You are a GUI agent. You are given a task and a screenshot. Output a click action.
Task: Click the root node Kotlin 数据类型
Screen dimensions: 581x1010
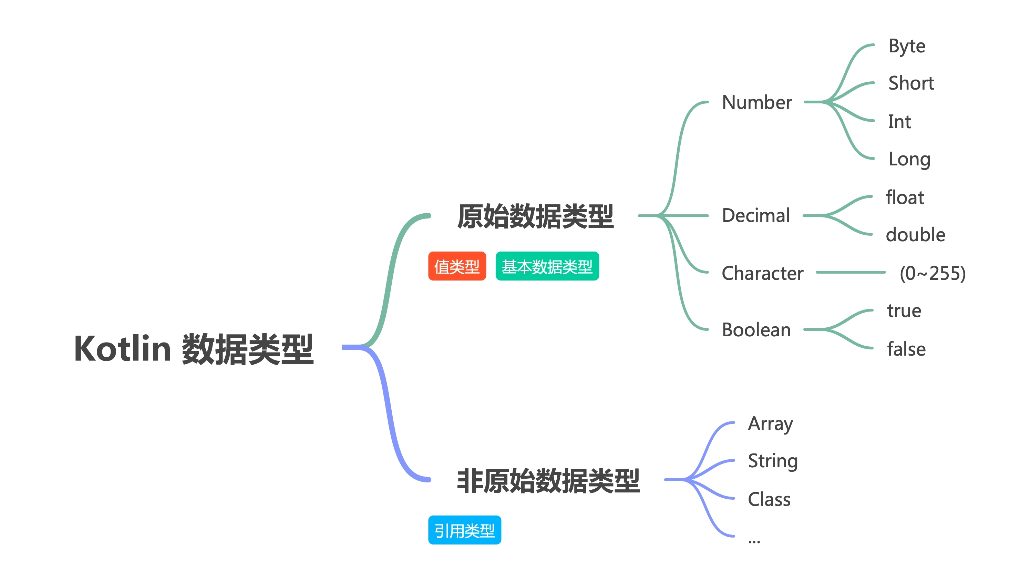pyautogui.click(x=194, y=349)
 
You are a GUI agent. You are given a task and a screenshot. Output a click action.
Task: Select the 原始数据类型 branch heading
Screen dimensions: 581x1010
pyautogui.click(x=535, y=216)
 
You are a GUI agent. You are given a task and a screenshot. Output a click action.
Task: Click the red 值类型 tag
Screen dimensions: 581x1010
pyautogui.click(x=457, y=266)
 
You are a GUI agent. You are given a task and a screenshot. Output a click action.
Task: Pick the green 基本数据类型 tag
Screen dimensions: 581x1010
pyautogui.click(x=547, y=266)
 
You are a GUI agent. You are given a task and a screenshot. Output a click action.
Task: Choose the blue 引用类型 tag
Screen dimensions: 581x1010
pyautogui.click(x=464, y=530)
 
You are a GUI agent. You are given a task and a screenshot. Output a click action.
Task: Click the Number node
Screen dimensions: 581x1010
pyautogui.click(x=757, y=103)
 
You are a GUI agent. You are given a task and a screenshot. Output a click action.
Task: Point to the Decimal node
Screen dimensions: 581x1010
pyautogui.click(x=755, y=215)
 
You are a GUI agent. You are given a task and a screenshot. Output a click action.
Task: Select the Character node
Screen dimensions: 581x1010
pyautogui.click(x=762, y=273)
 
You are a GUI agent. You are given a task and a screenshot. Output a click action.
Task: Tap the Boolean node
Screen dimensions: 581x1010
pyautogui.click(x=756, y=330)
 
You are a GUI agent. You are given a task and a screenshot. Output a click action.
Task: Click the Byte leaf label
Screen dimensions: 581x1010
pyautogui.click(x=907, y=46)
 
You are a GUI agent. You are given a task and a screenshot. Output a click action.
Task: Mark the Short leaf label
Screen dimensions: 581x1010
pyautogui.click(x=911, y=83)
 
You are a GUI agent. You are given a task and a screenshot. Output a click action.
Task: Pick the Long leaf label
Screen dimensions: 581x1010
pyautogui.click(x=909, y=159)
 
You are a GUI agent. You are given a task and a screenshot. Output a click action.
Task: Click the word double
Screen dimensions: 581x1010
pyautogui.click(x=915, y=235)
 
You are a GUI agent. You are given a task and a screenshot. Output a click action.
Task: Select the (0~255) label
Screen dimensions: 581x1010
pyautogui.click(x=932, y=273)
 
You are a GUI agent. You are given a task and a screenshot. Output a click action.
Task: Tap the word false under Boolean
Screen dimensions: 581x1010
pyautogui.click(x=906, y=349)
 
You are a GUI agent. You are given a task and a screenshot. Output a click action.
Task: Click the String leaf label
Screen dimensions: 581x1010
pyautogui.click(x=773, y=461)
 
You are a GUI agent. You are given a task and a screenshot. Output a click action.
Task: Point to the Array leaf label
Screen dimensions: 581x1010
pyautogui.click(x=770, y=424)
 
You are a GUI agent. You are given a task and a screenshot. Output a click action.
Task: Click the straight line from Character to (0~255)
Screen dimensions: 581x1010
pyautogui.click(x=851, y=273)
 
